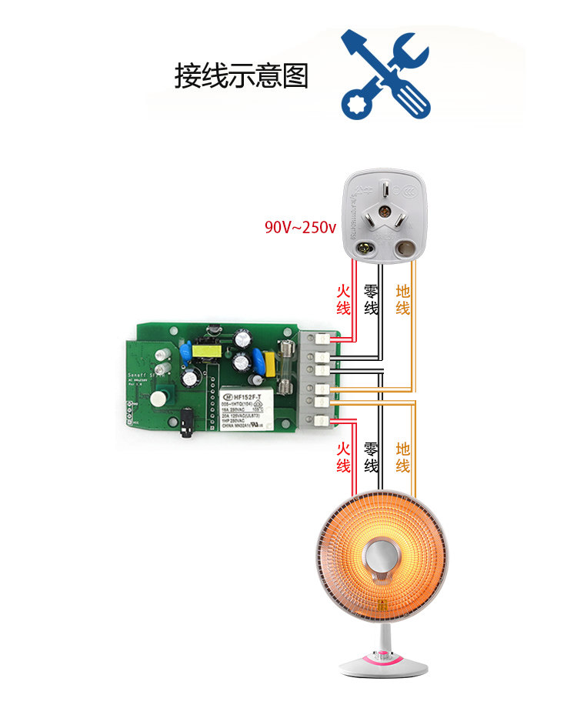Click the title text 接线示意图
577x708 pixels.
(x=241, y=76)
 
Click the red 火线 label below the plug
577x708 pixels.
(x=343, y=299)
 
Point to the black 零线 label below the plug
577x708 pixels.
(x=371, y=299)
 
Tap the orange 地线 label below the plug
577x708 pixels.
(x=402, y=299)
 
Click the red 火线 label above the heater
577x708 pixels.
(x=343, y=457)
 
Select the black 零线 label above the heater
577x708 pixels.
(x=371, y=457)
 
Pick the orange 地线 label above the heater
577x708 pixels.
(x=402, y=457)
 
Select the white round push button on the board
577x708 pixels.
(x=158, y=398)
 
